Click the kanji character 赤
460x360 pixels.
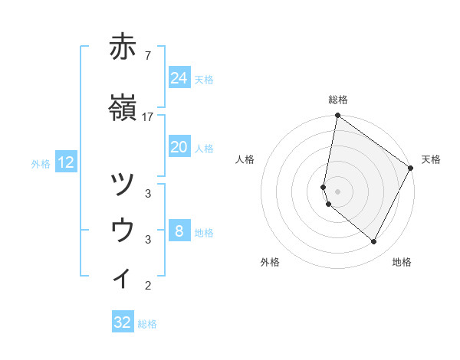(123, 47)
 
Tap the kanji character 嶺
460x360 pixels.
(123, 108)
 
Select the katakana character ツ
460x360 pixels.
(123, 184)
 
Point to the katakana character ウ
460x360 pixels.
(123, 229)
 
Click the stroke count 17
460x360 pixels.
(148, 116)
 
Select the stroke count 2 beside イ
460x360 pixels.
(148, 286)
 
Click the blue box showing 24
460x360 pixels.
(179, 78)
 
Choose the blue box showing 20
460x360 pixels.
(179, 147)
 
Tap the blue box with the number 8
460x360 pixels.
(179, 231)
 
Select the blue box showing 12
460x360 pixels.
(66, 162)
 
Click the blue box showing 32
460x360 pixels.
(123, 322)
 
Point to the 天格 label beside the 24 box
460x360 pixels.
(204, 80)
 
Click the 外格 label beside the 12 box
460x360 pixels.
(41, 163)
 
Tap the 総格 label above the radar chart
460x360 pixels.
(338, 100)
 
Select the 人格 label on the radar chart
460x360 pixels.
(245, 159)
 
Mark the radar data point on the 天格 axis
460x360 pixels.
(411, 169)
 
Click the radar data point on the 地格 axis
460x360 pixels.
(374, 242)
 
